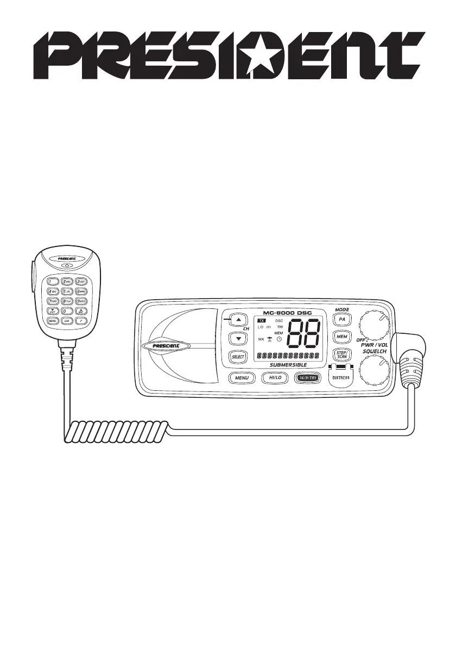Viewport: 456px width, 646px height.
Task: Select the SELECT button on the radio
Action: [x=238, y=357]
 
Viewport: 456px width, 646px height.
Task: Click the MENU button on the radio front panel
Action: [x=242, y=378]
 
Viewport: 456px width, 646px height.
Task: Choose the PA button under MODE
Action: [x=342, y=320]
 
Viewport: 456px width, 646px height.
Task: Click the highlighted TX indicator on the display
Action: [x=261, y=321]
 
